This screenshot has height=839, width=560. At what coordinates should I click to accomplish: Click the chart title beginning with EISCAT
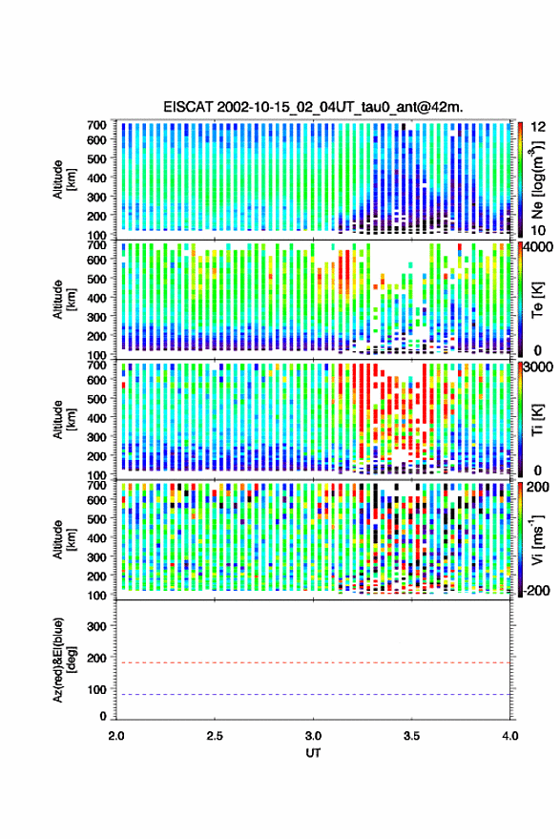(x=313, y=107)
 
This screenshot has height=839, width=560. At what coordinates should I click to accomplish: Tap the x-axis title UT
(x=313, y=753)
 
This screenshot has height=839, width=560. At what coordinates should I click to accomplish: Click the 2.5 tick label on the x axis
(x=215, y=736)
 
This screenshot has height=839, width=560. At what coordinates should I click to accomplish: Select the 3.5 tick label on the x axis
(x=411, y=736)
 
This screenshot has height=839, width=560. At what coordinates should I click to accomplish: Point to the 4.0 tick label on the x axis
(x=509, y=736)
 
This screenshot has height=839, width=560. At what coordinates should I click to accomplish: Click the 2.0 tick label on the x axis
(x=116, y=736)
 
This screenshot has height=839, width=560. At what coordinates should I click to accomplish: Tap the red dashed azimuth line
(x=313, y=662)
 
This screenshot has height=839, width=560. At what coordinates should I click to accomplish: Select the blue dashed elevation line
(x=313, y=695)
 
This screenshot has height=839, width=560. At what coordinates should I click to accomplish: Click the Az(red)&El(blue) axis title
(x=64, y=660)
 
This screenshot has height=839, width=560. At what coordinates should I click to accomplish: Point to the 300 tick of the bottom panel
(x=96, y=626)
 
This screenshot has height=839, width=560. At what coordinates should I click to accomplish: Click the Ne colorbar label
(x=537, y=179)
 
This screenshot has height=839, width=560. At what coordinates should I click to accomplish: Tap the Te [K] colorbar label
(x=537, y=301)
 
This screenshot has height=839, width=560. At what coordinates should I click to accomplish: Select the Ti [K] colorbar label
(x=537, y=420)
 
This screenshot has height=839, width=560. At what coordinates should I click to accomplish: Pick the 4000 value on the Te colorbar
(x=540, y=247)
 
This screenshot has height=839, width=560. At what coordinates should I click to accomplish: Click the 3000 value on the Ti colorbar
(x=540, y=367)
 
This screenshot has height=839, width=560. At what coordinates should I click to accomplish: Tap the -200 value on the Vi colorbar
(x=537, y=591)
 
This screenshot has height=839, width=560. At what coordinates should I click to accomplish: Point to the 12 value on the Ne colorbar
(x=538, y=127)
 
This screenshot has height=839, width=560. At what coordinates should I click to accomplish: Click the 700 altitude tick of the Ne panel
(x=96, y=125)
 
